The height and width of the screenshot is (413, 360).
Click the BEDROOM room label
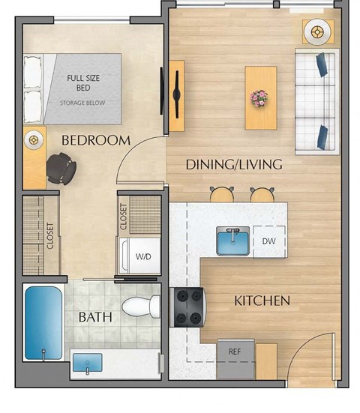click(95, 140)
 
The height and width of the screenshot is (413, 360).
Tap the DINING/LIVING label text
click(223, 164)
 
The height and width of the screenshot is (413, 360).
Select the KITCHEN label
click(262, 301)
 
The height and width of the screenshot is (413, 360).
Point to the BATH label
click(95, 317)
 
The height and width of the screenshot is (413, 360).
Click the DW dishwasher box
click(268, 241)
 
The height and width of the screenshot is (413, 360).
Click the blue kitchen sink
click(233, 241)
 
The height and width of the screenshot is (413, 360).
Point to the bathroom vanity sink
click(88, 366)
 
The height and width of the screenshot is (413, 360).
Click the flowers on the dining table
click(260, 97)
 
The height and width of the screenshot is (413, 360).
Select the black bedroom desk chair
click(61, 168)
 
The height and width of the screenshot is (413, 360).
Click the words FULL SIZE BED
click(83, 82)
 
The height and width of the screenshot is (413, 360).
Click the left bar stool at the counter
click(221, 194)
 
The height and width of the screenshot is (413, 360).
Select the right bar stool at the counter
click(262, 194)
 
